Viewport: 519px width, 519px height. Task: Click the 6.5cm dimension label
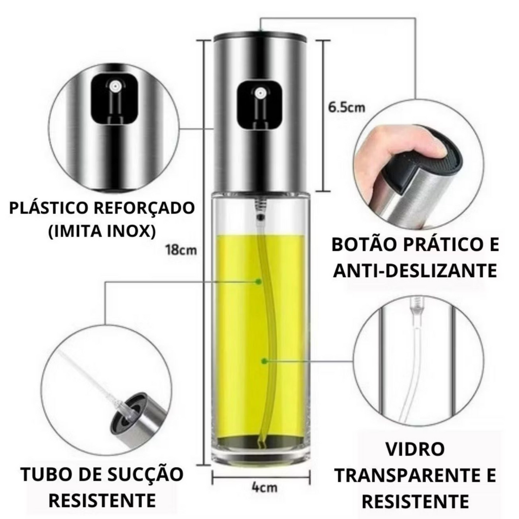pos(347,107)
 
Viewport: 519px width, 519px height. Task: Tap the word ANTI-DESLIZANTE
pos(415,271)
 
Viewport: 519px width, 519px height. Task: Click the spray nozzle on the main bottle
pos(260,92)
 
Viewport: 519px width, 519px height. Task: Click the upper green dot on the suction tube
pos(258,281)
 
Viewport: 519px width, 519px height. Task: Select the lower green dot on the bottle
pos(264,361)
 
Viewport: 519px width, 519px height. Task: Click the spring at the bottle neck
pos(260,203)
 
